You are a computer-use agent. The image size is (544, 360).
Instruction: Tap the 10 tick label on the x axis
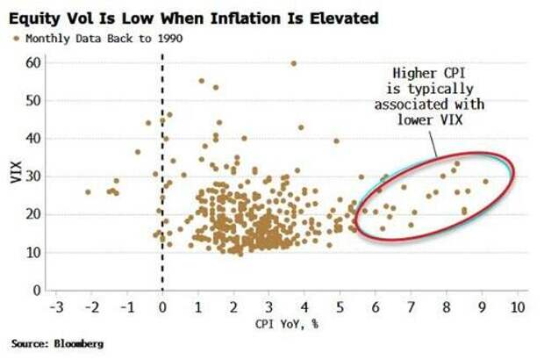[x=518, y=308]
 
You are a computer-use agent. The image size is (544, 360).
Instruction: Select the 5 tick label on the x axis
[x=340, y=308]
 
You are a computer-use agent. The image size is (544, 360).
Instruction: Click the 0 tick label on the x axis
[x=162, y=308]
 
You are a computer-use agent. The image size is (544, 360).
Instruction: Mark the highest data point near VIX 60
[x=294, y=63]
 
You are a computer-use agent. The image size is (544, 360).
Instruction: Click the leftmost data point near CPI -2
[x=88, y=191]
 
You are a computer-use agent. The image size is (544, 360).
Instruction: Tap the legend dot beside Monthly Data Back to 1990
[x=16, y=38]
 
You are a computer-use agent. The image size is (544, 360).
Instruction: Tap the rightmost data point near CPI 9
[x=485, y=182]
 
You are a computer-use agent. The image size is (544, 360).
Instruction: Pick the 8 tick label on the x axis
[x=446, y=308]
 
